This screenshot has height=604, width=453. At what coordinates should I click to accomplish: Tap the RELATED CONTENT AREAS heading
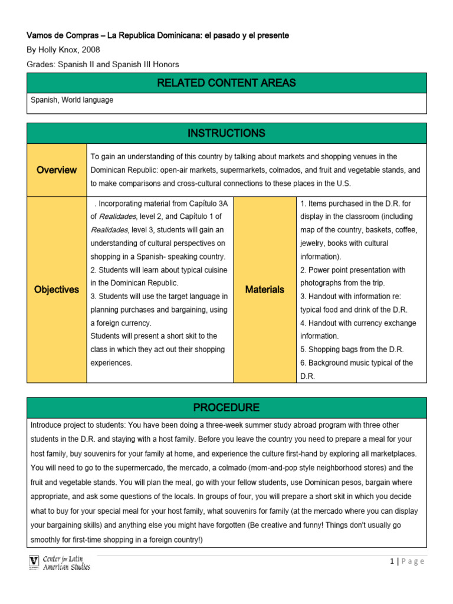226,83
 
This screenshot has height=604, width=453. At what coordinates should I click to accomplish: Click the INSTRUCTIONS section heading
226,133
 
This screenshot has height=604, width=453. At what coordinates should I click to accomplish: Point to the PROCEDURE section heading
226,408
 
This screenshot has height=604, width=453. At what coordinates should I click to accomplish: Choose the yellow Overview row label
57,170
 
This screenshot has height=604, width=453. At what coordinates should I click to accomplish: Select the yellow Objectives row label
57,290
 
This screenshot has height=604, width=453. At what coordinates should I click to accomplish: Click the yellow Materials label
265,290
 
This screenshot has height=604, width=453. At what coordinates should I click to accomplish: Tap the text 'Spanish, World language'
72,100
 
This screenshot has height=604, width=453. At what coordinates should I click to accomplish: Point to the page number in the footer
392,561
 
